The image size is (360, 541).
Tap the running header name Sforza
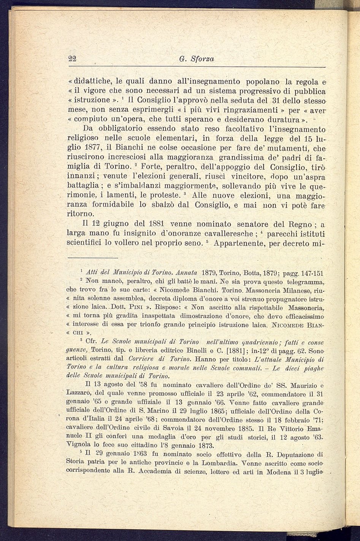pyautogui.click(x=202, y=59)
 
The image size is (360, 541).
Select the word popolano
pyautogui.click(x=263, y=81)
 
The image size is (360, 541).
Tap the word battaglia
pyautogui.click(x=83, y=186)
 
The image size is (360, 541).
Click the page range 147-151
pyautogui.click(x=312, y=273)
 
